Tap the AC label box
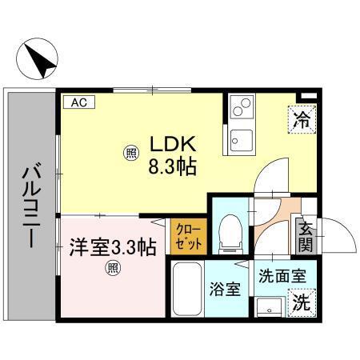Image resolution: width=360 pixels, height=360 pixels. point(80,102)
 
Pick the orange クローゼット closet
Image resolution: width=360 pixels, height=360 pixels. point(189,237)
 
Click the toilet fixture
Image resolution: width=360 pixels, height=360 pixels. point(230,233)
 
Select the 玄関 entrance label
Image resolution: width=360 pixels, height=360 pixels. point(305,237)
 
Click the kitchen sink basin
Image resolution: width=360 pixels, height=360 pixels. point(241,142)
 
